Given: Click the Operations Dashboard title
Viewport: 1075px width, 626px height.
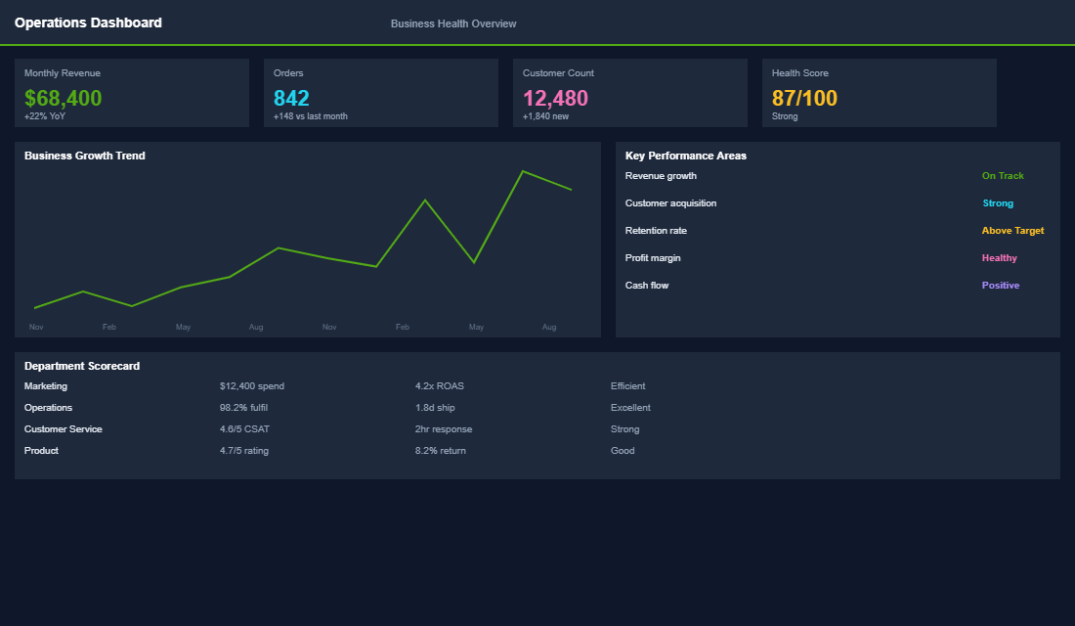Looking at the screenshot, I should coord(88,22).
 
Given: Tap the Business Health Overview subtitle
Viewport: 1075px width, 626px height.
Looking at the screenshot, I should coord(453,23).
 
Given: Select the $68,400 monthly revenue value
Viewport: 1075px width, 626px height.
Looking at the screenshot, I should coord(63,98).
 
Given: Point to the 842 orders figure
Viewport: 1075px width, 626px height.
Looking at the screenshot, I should coord(291,98).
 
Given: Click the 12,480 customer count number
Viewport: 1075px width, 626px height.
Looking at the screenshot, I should coord(555,98).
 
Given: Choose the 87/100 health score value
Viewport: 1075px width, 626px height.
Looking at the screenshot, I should coord(804,98).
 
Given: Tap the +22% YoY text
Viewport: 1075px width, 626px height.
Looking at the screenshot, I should coord(45,116).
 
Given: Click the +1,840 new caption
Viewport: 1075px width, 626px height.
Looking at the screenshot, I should coord(545,116).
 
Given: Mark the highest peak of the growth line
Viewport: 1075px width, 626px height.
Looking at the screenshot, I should coord(523,171).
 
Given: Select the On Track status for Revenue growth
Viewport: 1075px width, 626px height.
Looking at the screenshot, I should coord(1003,176).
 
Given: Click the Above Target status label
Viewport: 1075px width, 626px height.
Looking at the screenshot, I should coord(1012,231).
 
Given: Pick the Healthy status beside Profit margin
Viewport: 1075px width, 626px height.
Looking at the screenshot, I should coord(999,258).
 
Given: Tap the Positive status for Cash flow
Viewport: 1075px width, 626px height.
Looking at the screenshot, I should coord(1000,286).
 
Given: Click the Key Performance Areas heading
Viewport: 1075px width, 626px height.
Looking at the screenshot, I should coord(685,156).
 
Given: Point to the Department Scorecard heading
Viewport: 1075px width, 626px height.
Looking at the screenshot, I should coord(82,366).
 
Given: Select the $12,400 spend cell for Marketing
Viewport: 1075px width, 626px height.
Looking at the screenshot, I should coord(252,386).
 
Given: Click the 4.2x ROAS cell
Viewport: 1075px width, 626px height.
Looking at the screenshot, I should coord(440,386).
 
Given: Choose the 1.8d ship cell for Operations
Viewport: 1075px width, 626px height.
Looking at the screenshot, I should coord(435,408).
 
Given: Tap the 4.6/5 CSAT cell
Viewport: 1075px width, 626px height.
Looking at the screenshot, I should coord(244,429).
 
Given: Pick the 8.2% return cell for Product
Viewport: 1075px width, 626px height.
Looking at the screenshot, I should coord(441,451).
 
